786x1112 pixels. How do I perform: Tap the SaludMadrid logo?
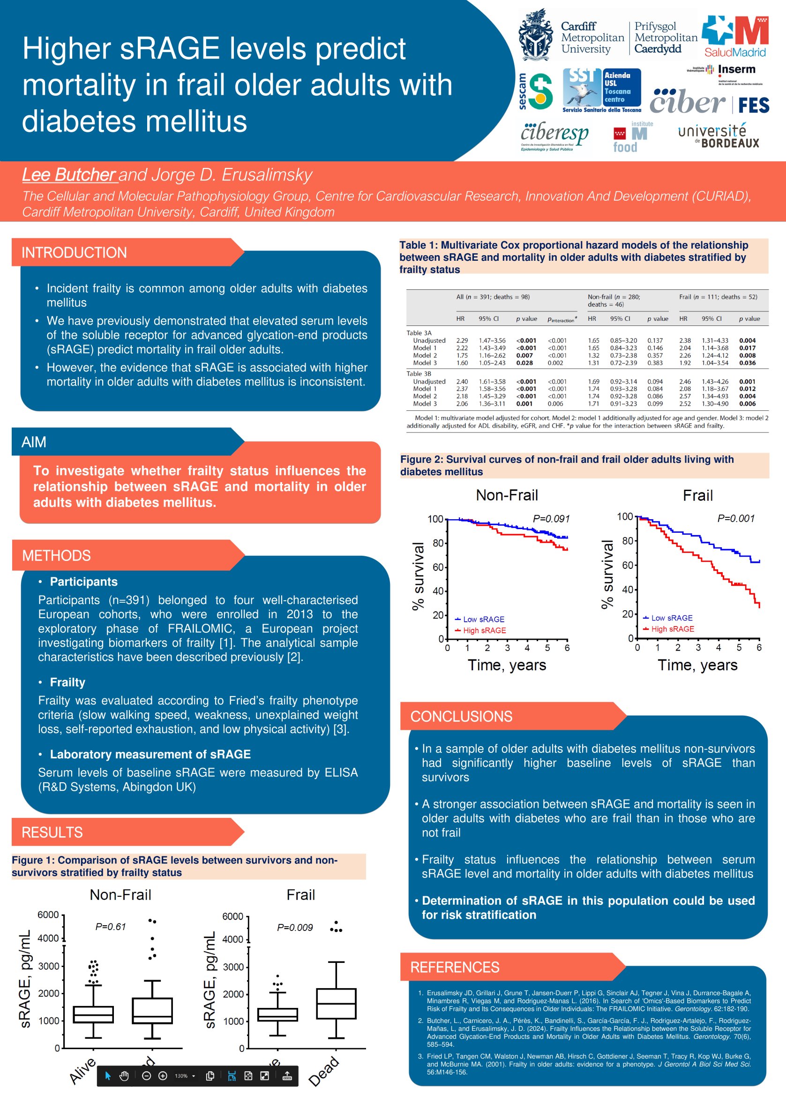735,37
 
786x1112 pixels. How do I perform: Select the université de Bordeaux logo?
718,136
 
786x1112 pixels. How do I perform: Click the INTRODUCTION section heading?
74,252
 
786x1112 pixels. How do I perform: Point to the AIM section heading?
34,442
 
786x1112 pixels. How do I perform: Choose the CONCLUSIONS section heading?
461,716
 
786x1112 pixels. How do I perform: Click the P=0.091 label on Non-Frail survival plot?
551,519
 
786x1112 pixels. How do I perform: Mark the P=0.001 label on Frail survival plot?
735,518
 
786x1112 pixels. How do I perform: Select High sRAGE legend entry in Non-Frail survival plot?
484,630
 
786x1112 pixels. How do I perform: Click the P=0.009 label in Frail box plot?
294,928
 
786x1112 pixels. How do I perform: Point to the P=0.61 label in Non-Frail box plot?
110,926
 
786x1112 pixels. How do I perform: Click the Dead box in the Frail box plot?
336,1004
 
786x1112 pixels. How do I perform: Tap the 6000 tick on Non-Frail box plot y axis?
48,915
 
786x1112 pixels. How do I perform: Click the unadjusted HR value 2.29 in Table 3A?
462,340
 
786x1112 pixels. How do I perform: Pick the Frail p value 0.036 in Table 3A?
747,363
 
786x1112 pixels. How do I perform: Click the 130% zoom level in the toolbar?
181,1076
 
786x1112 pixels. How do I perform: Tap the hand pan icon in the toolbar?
124,1076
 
